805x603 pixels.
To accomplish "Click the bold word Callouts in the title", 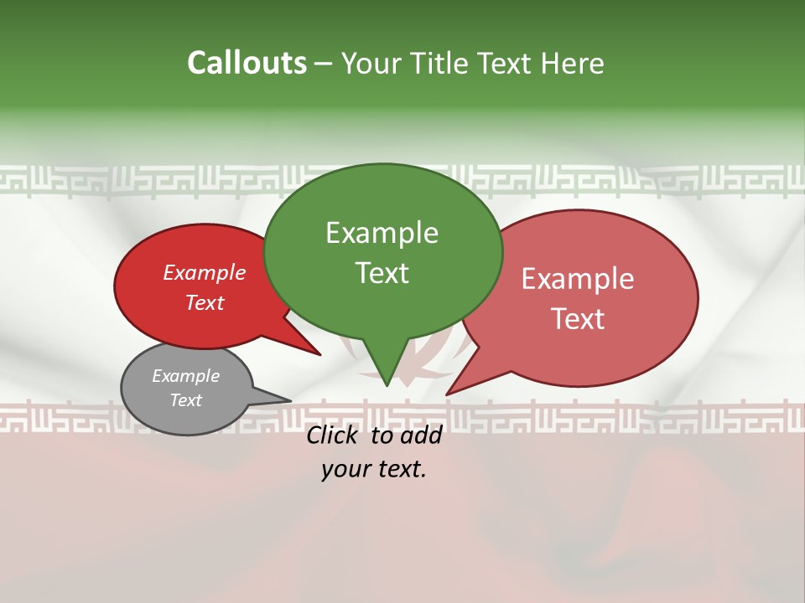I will (x=247, y=63).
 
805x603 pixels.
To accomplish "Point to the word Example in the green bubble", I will (x=382, y=233).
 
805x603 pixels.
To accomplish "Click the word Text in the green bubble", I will (x=382, y=273).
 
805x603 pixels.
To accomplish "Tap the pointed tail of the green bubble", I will (x=386, y=377).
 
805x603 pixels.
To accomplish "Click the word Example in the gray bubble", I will (x=185, y=376).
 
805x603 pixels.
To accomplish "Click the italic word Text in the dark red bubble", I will (x=205, y=302).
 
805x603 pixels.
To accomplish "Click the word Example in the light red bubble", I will (x=578, y=279).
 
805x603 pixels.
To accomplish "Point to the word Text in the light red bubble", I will (x=578, y=319).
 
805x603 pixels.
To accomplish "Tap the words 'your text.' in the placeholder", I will (x=374, y=469).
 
